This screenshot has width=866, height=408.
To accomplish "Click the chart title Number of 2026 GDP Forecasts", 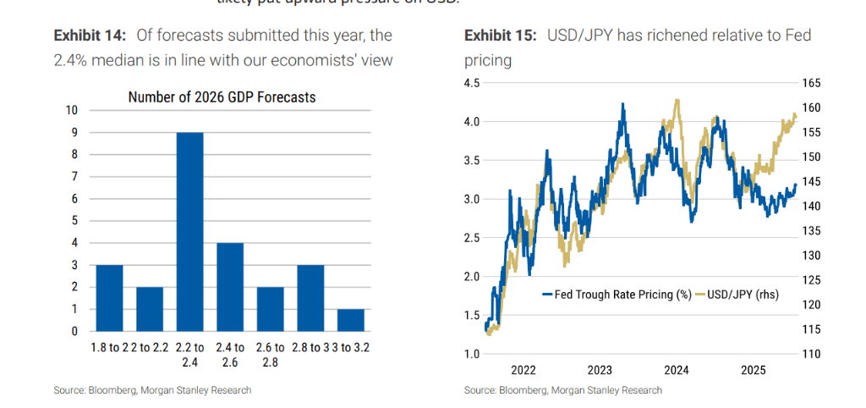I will [222, 97].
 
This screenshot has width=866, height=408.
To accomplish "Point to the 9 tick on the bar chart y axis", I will [74, 132].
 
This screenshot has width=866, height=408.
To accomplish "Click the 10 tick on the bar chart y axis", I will [72, 110].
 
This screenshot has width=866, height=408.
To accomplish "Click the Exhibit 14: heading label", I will [90, 36].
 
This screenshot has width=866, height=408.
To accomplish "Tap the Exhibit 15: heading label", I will [500, 36].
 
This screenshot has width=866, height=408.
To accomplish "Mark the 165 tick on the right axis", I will [811, 83].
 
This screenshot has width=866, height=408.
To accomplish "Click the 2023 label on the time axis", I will [600, 370].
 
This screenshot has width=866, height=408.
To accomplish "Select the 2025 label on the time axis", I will [753, 370].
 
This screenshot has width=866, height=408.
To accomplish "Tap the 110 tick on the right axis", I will [811, 354].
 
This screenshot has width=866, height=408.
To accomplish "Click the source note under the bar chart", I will [152, 390].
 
